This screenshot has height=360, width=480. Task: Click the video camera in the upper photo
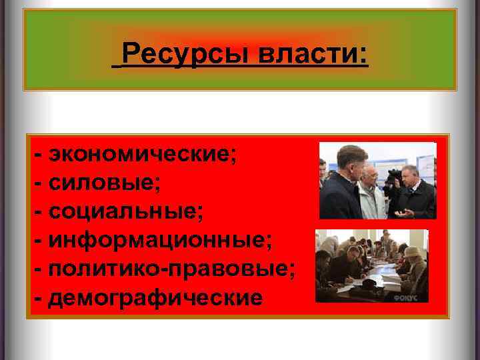[x=395, y=176]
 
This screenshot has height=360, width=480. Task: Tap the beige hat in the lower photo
[x=411, y=251]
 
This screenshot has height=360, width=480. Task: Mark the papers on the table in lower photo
[x=373, y=280]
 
